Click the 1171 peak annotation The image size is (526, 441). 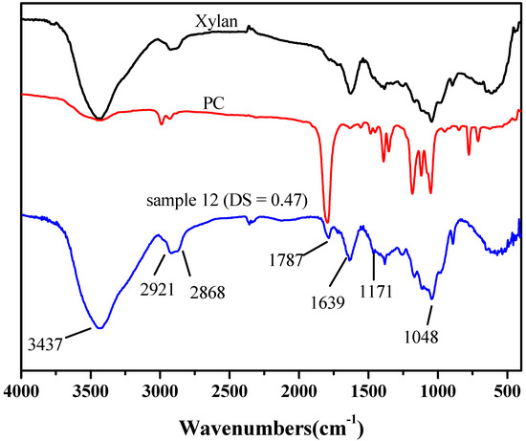(377, 290)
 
